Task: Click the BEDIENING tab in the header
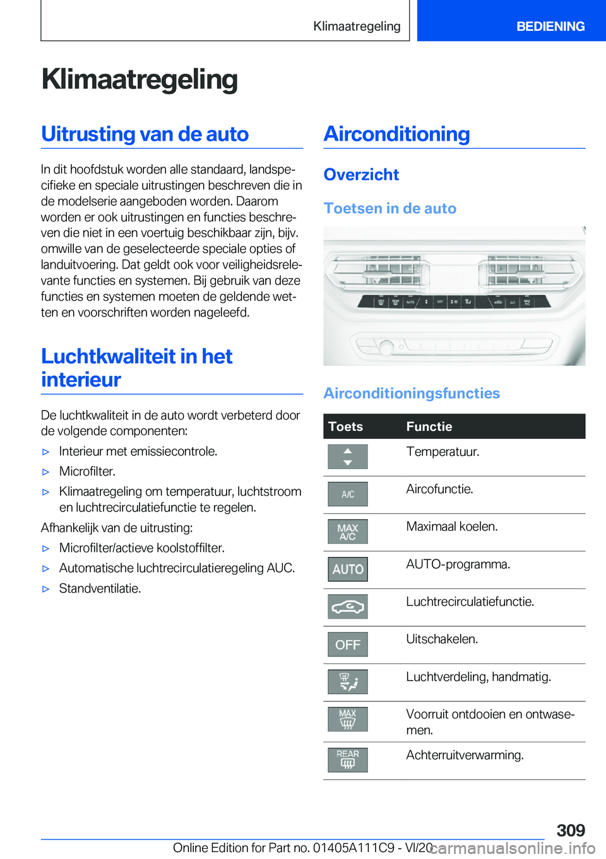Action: [550, 26]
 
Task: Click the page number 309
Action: [571, 830]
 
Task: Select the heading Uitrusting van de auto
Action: [145, 134]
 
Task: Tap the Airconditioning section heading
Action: [396, 134]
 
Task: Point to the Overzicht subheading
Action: [361, 175]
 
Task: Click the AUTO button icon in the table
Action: [348, 570]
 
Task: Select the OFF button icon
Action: [348, 645]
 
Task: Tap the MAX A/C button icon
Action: [348, 532]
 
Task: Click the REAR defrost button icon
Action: [348, 759]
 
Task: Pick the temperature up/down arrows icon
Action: [348, 457]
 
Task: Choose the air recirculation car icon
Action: [348, 607]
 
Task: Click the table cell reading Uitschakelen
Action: [442, 639]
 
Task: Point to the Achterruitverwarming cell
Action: [465, 755]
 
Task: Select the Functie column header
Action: [429, 426]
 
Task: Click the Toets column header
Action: [346, 426]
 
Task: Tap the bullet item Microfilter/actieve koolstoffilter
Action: [142, 548]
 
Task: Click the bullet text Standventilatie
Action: [100, 588]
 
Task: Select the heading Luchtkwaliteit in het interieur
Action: [137, 368]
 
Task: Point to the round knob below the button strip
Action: [386, 346]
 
